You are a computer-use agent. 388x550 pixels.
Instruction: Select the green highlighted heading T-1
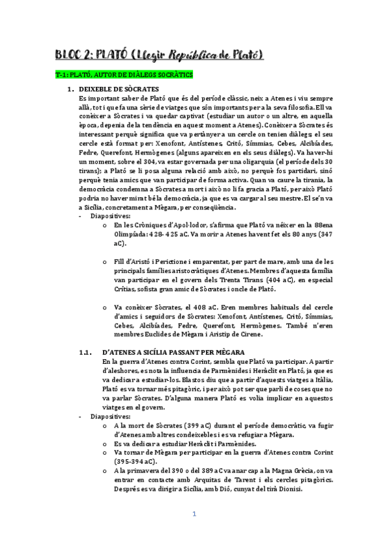point(124,75)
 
